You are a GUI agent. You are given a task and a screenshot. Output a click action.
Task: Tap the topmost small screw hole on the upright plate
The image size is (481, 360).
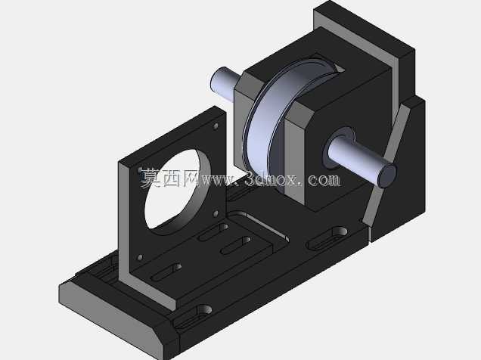pos(216,126)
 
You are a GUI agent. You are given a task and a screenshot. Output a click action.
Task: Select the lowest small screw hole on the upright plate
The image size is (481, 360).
pos(140,257)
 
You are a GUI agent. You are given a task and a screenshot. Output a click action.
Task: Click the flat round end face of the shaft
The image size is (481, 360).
pos(387,175)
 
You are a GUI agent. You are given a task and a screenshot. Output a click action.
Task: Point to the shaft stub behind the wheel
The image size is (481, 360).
pos(225,83)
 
